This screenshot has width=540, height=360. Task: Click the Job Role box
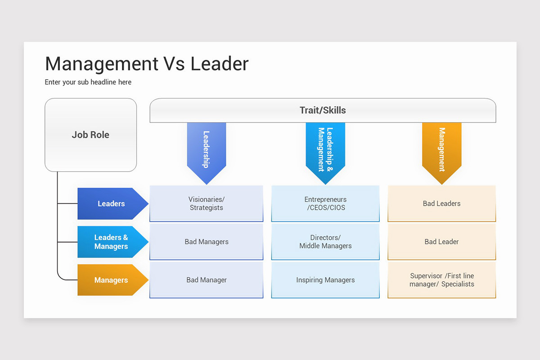90,135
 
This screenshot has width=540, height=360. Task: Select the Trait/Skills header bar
323,110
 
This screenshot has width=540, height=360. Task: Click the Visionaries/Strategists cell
207,203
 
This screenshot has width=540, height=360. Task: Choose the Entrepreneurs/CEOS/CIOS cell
325,203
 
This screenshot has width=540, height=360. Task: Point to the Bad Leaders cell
441,203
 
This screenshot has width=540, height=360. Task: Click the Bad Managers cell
207,242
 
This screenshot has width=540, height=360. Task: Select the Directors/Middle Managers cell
325,242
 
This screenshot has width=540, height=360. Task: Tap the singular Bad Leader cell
441,242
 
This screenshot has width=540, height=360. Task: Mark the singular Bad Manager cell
207,280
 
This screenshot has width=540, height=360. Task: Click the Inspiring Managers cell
325,280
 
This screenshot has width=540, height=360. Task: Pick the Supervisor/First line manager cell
441,280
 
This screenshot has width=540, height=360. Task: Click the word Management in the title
101,64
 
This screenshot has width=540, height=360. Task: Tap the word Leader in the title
219,64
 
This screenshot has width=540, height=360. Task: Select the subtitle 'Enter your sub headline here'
88,82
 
